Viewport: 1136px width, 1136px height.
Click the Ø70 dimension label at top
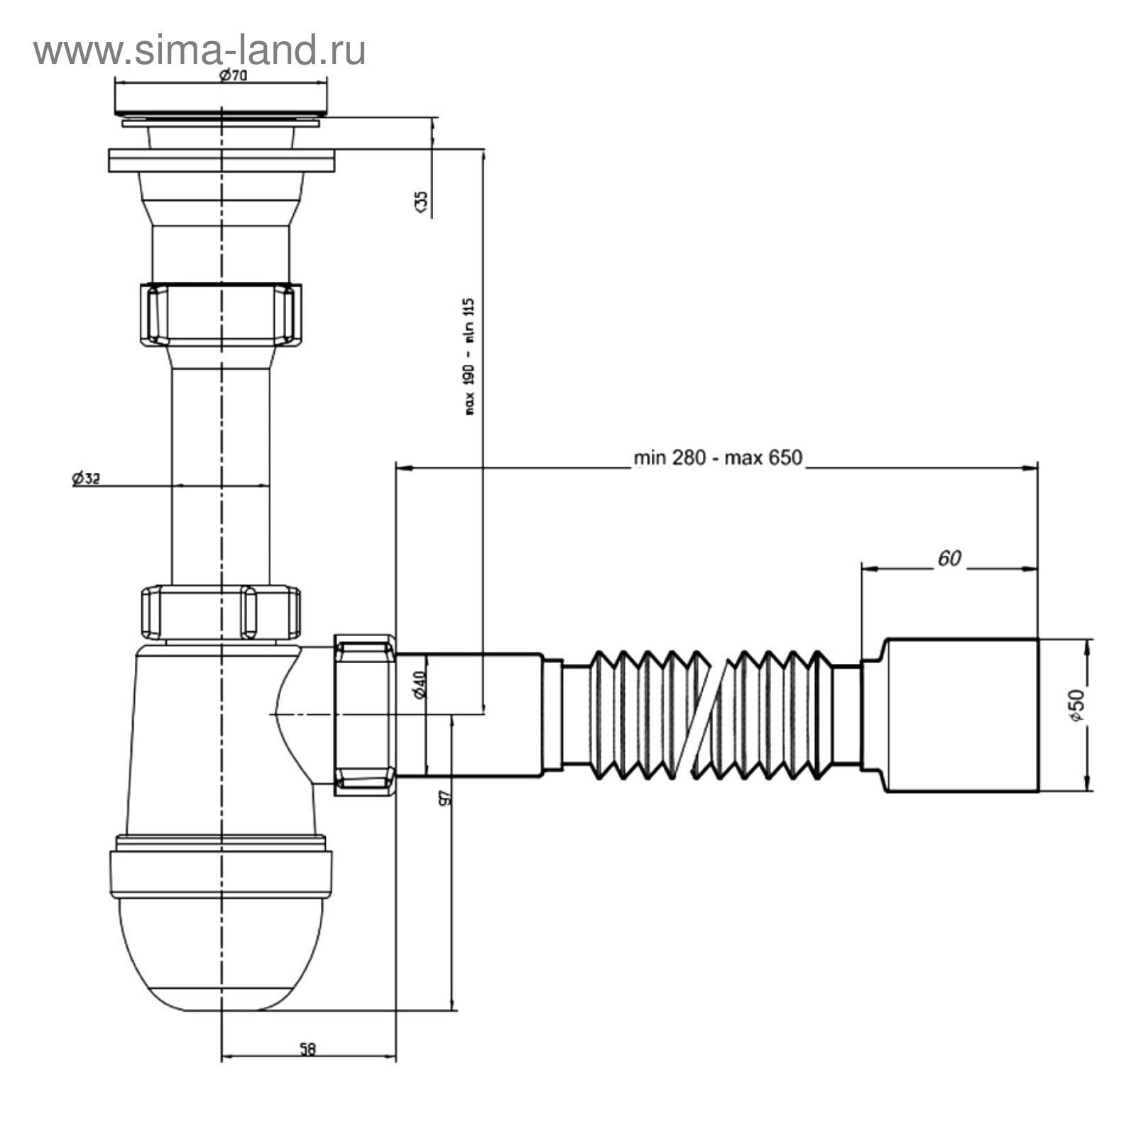[232, 76]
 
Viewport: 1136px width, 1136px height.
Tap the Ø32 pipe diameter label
[86, 479]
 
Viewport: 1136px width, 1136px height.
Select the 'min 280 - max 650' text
[718, 458]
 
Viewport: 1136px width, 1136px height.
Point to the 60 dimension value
[949, 559]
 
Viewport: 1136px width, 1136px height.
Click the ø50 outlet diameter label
[1077, 706]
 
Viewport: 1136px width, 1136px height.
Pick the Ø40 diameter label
[420, 684]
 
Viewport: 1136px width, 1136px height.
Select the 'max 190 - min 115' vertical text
[469, 356]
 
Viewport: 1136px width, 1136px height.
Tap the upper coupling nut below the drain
[221, 314]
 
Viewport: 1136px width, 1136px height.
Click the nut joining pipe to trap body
[221, 612]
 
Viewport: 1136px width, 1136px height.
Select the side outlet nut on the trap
[364, 715]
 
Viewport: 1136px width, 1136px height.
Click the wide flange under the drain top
[221, 160]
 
